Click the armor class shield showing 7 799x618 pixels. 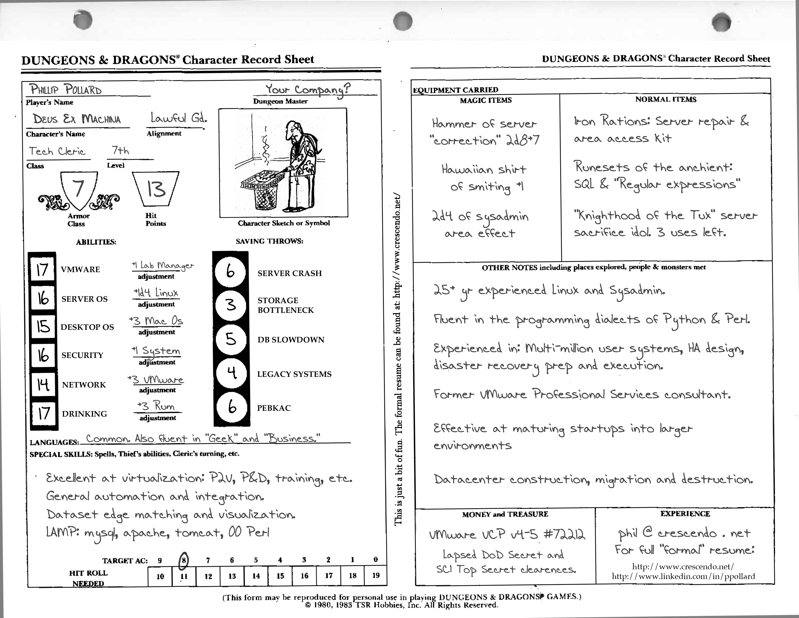click(x=79, y=190)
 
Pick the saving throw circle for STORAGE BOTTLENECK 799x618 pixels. click(x=231, y=305)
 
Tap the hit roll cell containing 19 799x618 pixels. click(x=376, y=576)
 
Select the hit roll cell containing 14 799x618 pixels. click(x=256, y=576)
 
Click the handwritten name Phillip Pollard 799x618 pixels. click(x=66, y=89)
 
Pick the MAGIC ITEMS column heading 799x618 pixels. click(x=486, y=100)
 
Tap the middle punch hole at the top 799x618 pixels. click(x=403, y=21)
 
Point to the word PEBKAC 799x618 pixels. click(x=274, y=408)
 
